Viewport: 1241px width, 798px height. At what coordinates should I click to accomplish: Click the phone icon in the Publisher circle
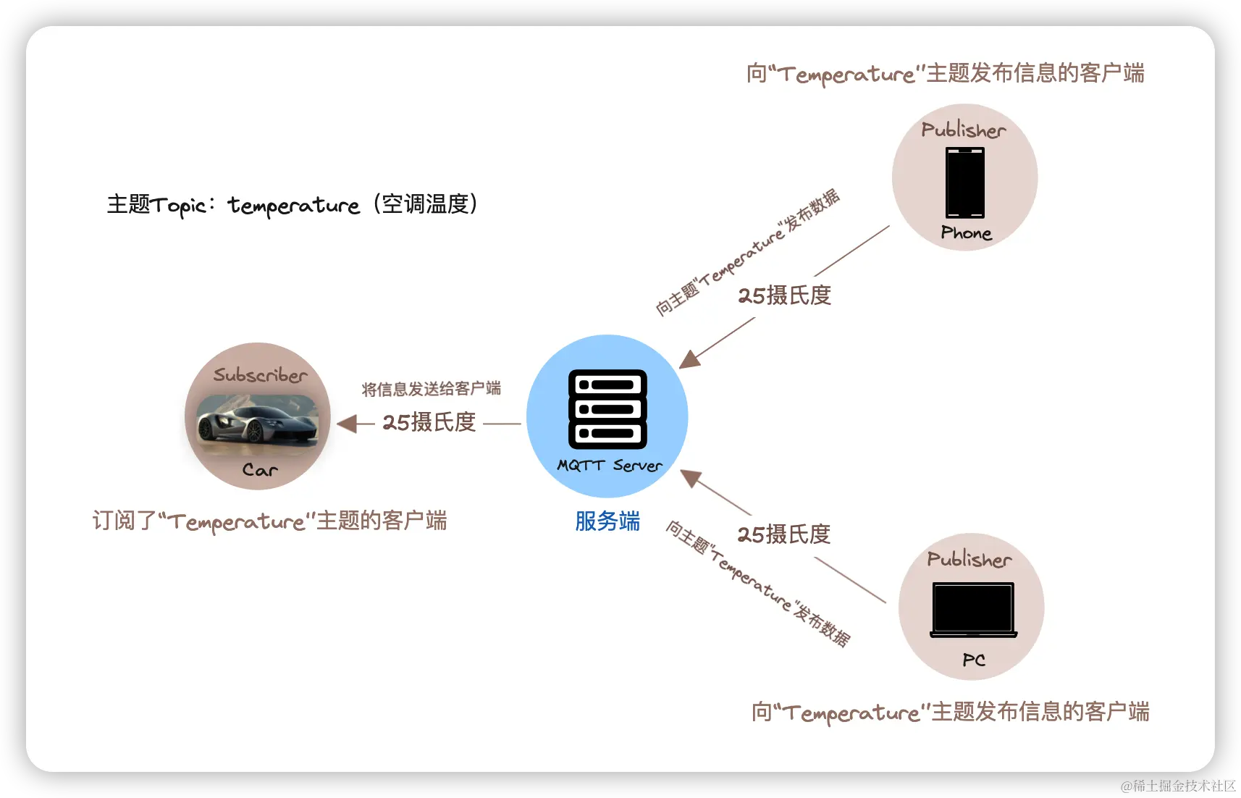click(964, 182)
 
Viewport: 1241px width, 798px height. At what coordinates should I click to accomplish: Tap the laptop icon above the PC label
click(973, 610)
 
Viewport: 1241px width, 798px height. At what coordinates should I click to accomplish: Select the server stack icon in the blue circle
click(607, 409)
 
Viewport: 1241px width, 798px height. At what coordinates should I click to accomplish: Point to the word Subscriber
click(260, 375)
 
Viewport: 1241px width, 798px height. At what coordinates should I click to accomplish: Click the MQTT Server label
click(609, 466)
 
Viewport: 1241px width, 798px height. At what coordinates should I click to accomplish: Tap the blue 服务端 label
click(607, 521)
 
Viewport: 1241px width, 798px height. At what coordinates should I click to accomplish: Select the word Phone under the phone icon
click(966, 233)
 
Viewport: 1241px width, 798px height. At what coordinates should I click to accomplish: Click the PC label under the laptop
click(974, 660)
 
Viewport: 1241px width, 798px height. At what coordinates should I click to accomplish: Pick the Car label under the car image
click(260, 471)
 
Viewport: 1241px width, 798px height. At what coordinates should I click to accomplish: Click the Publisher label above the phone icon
click(964, 130)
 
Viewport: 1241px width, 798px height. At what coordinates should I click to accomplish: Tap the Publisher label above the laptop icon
click(969, 559)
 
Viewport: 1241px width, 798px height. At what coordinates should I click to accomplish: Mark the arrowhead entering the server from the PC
click(690, 477)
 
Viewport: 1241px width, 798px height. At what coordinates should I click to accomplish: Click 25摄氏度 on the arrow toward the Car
click(429, 422)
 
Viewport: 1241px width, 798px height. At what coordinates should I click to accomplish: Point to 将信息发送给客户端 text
click(431, 389)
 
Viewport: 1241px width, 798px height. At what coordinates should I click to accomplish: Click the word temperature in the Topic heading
click(293, 206)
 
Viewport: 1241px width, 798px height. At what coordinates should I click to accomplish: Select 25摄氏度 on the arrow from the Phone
click(784, 295)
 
